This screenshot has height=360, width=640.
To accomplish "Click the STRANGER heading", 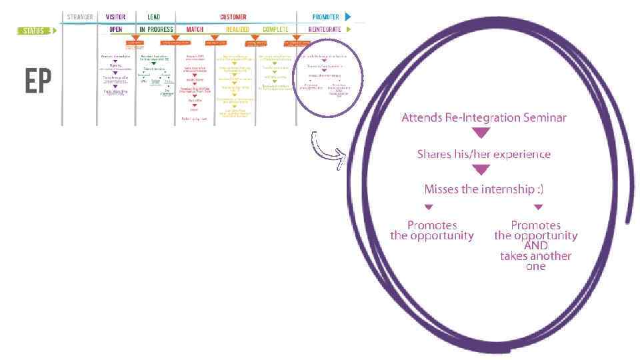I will click(79, 17).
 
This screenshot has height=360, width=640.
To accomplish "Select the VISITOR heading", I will click(115, 17).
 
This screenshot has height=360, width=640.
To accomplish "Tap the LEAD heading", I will click(153, 17).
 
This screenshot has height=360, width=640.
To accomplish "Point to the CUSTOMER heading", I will click(233, 17).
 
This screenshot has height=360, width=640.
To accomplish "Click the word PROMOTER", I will click(326, 17).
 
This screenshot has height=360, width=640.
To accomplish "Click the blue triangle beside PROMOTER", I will click(347, 17).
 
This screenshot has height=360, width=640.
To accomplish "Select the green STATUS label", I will click(33, 30).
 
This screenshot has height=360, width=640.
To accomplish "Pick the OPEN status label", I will click(115, 30).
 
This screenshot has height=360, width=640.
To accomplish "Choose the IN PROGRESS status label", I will click(156, 30).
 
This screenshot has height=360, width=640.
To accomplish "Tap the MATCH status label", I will click(195, 30).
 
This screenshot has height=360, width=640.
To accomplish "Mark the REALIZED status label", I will click(237, 30).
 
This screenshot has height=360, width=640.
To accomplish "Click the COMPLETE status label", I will click(276, 30).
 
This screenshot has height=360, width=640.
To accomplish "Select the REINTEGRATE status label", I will click(325, 30).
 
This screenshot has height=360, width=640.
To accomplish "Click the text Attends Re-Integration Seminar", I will click(484, 118).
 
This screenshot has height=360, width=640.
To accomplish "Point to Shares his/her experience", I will click(484, 154).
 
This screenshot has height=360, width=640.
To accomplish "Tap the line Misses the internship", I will click(484, 189).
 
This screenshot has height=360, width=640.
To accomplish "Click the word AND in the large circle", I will click(536, 246).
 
